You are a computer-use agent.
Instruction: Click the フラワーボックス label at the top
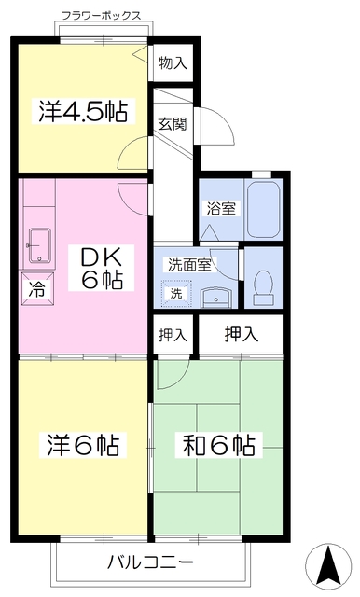102,16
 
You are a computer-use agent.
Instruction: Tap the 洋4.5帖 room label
83,110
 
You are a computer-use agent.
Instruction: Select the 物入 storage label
173,62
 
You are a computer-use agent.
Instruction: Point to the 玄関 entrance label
172,123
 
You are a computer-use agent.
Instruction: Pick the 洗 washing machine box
175,293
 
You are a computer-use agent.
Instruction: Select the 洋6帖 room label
82,446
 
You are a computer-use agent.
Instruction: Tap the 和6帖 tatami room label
217,446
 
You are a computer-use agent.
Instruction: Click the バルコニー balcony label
150,563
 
